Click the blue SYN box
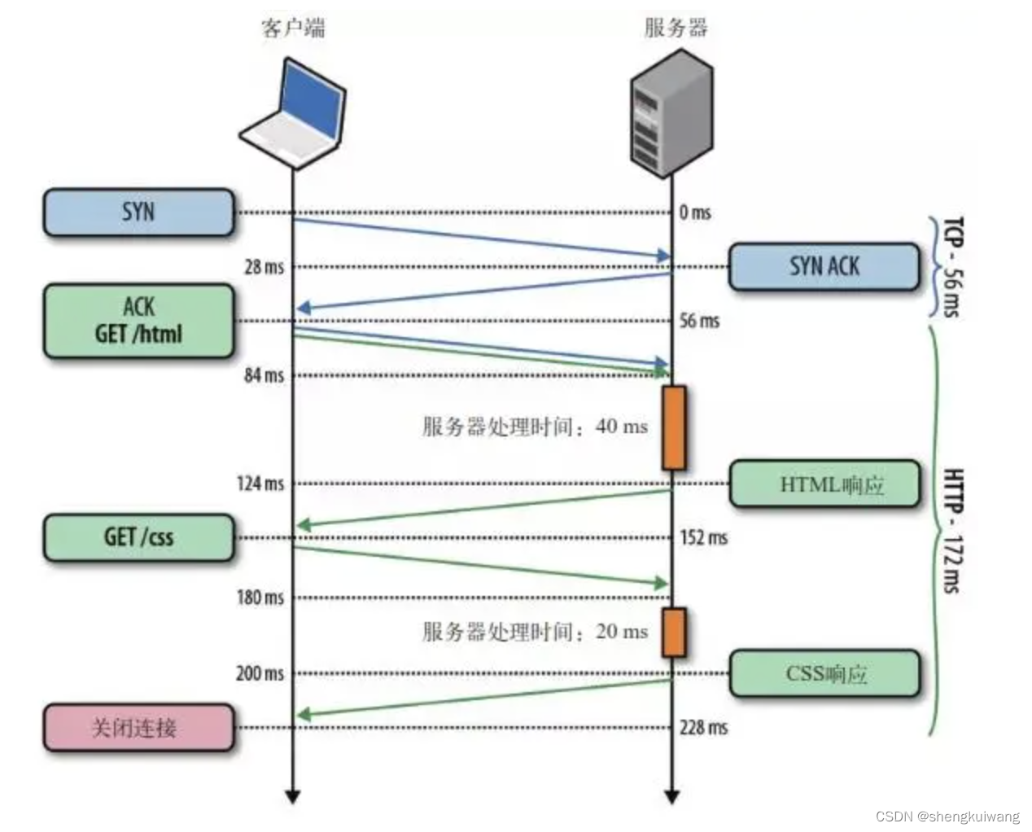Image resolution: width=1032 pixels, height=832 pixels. (138, 212)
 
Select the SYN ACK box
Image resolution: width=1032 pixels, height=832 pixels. (824, 266)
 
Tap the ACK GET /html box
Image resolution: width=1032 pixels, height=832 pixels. (138, 321)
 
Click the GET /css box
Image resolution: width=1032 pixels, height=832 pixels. (138, 537)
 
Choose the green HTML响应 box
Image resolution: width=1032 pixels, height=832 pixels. (824, 484)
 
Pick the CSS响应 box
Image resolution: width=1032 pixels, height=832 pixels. (824, 673)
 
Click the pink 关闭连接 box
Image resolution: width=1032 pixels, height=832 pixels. (138, 727)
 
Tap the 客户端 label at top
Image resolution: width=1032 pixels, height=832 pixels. (293, 28)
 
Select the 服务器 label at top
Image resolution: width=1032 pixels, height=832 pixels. (676, 28)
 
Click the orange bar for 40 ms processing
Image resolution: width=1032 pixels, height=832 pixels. (673, 428)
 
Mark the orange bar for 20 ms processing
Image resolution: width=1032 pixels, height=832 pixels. (673, 632)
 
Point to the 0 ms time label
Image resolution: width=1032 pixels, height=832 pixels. (694, 212)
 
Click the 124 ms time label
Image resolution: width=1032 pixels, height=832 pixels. (260, 484)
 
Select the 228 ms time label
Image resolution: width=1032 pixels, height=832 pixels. (703, 727)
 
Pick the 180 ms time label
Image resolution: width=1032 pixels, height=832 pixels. (260, 598)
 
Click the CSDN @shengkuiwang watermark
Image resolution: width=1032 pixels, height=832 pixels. (947, 817)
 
